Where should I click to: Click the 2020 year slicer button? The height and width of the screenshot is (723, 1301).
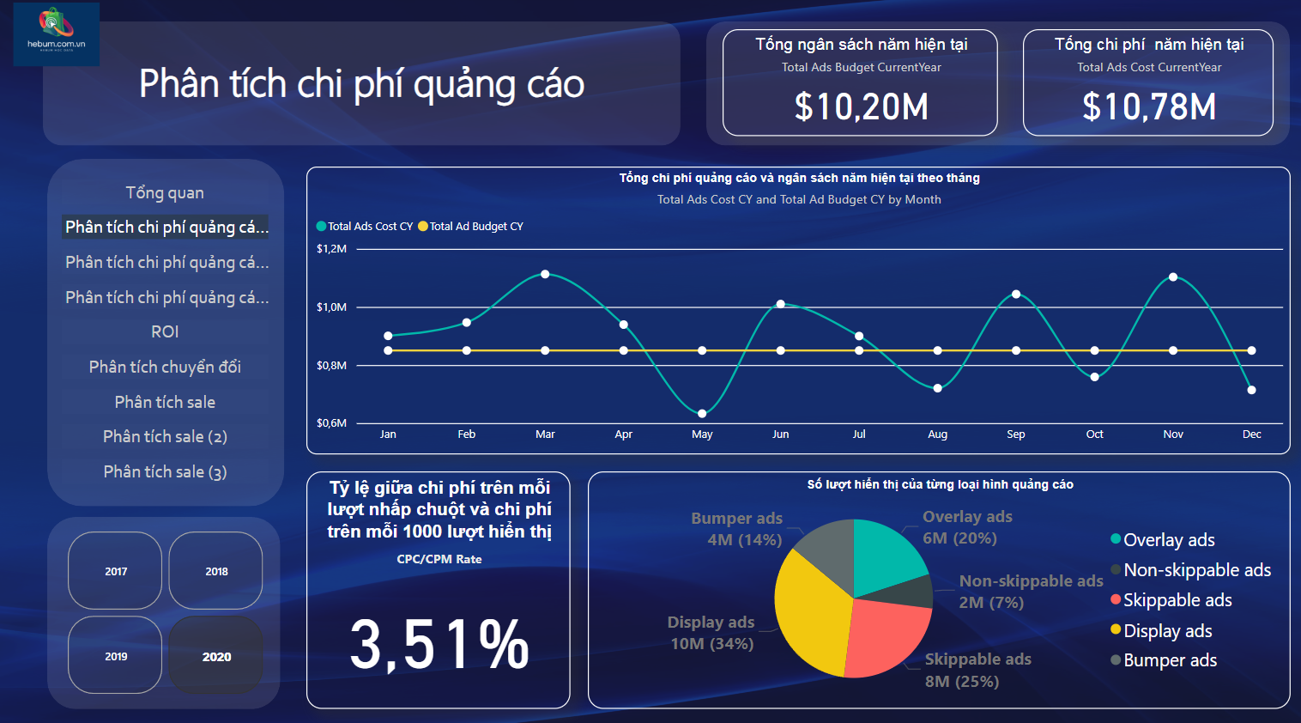point(216,656)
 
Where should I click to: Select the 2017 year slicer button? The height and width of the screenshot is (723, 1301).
point(116,571)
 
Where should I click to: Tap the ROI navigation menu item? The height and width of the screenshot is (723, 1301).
point(165,331)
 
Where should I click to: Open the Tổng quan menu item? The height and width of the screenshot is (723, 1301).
point(165,192)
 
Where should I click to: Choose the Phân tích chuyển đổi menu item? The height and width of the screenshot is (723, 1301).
point(165,367)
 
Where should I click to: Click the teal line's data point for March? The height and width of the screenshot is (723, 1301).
point(545,274)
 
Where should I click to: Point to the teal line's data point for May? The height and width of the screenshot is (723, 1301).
point(702,413)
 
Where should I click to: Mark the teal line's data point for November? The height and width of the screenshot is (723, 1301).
point(1173,276)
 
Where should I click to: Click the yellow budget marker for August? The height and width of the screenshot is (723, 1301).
point(937,350)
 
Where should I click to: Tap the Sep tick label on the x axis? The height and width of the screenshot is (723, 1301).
point(1016,434)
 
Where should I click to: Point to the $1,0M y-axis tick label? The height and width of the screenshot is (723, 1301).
point(331,307)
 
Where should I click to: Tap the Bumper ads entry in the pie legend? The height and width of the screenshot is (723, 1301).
point(1170,660)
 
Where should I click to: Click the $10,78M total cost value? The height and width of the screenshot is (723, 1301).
point(1149,107)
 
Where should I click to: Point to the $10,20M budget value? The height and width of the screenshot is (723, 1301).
point(861,107)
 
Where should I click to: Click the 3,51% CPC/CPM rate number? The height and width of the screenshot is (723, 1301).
point(439,644)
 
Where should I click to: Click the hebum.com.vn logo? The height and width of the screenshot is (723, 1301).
point(57,33)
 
